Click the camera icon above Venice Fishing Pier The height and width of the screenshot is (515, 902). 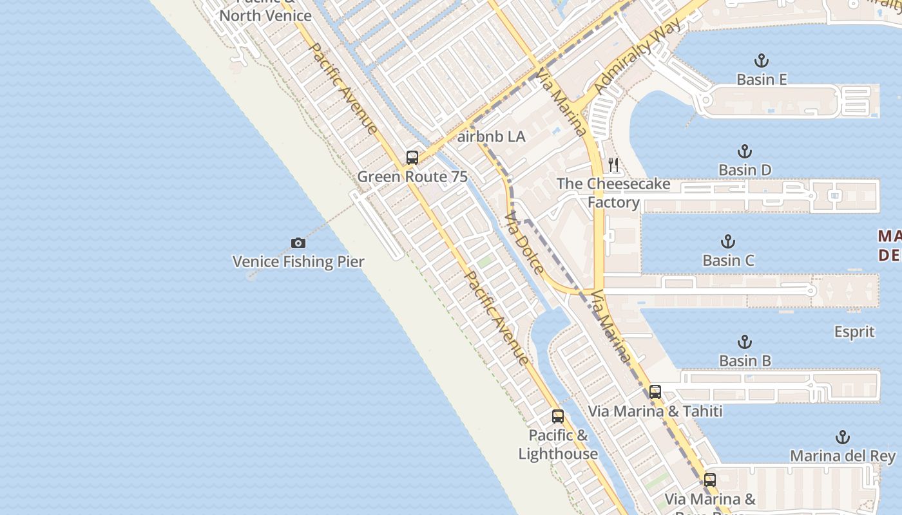[x=298, y=243]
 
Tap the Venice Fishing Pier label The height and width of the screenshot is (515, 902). [x=298, y=261]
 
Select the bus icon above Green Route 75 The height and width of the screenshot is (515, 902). [x=412, y=158]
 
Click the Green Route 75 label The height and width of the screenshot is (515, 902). [x=412, y=176]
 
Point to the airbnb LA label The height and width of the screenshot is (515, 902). [x=491, y=136]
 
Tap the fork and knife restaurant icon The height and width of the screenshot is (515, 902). [x=613, y=165]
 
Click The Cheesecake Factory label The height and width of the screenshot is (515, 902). [x=613, y=193]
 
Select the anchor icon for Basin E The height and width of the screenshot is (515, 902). [x=762, y=61]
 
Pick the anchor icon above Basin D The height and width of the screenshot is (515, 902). [x=745, y=152]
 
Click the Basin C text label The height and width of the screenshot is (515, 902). [x=728, y=260]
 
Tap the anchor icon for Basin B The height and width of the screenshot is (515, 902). [x=745, y=342]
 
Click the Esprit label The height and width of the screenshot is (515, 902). [x=854, y=332]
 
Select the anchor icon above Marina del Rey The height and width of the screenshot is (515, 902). [x=843, y=438]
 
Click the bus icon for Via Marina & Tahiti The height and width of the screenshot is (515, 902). [x=655, y=391]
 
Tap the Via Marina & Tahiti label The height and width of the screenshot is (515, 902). [x=655, y=411]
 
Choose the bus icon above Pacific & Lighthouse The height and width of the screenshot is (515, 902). [x=558, y=417]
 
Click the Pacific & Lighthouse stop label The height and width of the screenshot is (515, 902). [x=558, y=444]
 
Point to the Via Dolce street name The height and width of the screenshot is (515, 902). [x=525, y=243]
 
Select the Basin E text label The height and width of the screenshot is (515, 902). [x=762, y=79]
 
